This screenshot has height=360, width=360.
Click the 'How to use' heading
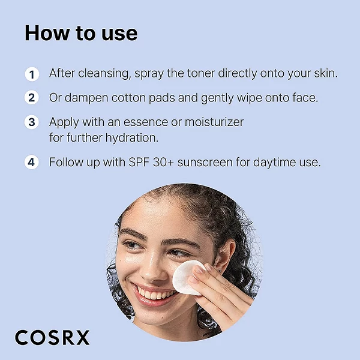(81, 33)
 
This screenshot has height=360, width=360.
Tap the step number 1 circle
(32, 74)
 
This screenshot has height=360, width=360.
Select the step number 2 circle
(32, 98)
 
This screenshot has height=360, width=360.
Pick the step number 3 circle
(32, 122)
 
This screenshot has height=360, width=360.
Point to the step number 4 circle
(32, 163)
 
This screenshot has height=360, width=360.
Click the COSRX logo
(52, 337)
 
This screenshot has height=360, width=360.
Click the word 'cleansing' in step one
(104, 74)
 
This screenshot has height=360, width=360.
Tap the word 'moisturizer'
(214, 122)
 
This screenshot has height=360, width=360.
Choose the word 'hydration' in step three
(132, 138)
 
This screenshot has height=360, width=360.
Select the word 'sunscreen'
(205, 163)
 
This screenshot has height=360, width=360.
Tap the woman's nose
(152, 269)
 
